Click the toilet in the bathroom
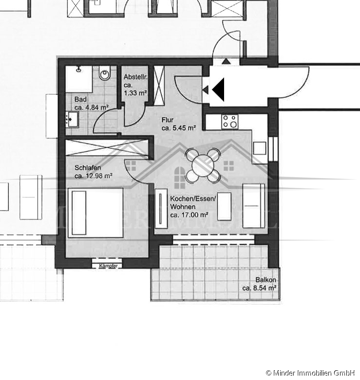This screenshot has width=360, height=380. [x=104, y=75]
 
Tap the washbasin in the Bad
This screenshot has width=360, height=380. [x=72, y=118]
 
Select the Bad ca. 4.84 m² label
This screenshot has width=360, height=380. [x=91, y=104]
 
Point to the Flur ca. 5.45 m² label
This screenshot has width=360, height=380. [x=178, y=124]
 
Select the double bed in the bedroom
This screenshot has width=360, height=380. [x=95, y=213]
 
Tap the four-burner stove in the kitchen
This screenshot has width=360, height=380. [x=229, y=122]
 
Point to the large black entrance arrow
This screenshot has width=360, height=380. [x=218, y=90]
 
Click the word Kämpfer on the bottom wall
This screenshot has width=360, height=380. [x=108, y=266]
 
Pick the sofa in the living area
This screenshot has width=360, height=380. [x=253, y=206]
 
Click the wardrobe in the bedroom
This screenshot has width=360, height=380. [x=106, y=148]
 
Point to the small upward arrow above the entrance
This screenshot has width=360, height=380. [x=227, y=61]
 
